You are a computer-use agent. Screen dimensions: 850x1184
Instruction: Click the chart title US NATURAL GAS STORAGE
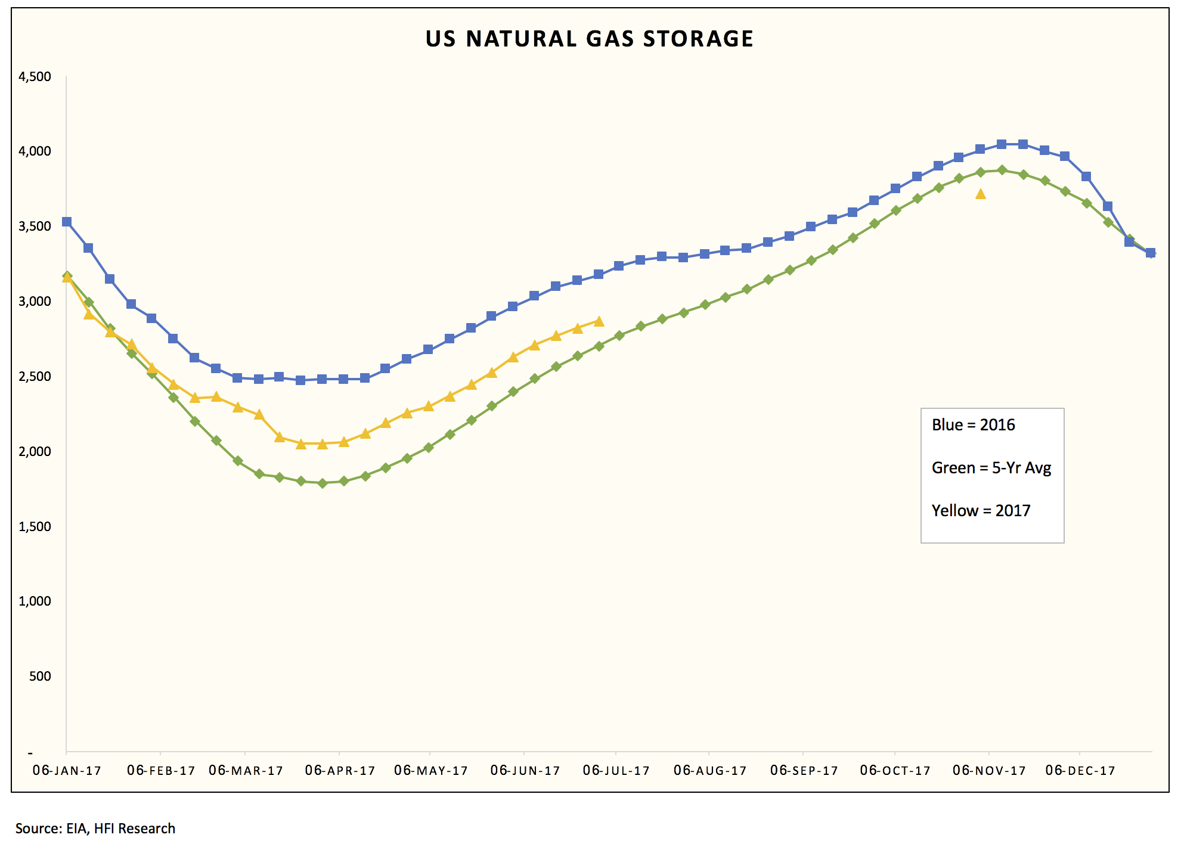click(x=589, y=39)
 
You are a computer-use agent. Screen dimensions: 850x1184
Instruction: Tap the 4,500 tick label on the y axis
click(x=35, y=77)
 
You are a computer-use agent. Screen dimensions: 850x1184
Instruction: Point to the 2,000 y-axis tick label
click(x=35, y=452)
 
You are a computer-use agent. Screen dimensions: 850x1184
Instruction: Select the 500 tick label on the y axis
click(x=40, y=677)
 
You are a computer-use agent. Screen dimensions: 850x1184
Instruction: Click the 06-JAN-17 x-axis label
click(x=67, y=771)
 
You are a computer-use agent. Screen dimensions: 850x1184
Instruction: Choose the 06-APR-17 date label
click(x=340, y=771)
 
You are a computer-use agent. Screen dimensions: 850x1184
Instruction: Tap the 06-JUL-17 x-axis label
click(x=616, y=771)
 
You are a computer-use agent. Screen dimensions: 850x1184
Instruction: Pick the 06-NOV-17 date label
click(x=989, y=771)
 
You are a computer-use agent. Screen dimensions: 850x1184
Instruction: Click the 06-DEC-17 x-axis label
click(x=1080, y=771)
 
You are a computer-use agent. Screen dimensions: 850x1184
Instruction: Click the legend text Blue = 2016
click(x=973, y=425)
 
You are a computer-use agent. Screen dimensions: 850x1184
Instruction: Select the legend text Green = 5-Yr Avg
click(x=991, y=468)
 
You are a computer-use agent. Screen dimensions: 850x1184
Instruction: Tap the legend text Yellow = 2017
click(x=981, y=511)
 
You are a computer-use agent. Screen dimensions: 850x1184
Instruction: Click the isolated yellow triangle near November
click(x=981, y=194)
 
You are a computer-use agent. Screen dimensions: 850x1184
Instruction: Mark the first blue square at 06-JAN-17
click(x=67, y=222)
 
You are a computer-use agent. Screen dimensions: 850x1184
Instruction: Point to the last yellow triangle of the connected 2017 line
click(x=599, y=322)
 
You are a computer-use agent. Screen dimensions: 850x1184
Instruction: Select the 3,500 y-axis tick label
click(x=35, y=227)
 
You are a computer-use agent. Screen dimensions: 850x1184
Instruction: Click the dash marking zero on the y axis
click(x=30, y=753)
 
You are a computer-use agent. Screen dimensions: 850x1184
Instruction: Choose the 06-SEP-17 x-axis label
click(x=804, y=771)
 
